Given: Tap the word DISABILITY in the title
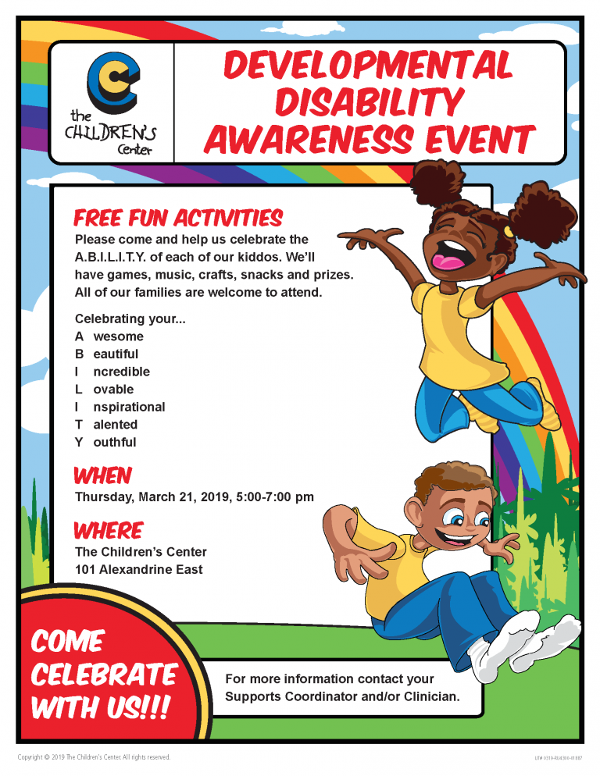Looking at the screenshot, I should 370,102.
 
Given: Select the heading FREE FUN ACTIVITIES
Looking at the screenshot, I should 178,218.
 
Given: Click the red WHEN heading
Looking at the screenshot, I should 102,475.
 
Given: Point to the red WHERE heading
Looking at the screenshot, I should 109,531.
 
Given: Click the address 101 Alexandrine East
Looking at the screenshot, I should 139,569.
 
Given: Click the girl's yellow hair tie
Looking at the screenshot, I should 509,232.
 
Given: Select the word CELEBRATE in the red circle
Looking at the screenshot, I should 104,675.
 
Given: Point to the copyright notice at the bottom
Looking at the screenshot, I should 95,757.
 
